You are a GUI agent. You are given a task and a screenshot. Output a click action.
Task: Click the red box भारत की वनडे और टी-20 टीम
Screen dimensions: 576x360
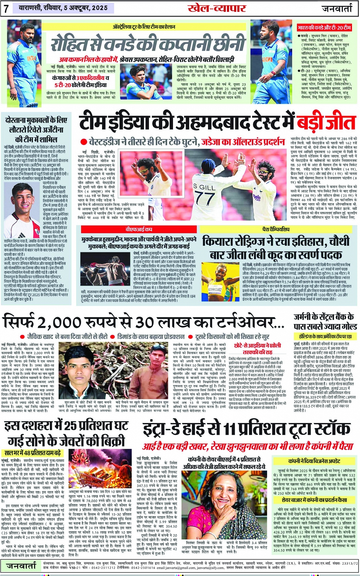point(324,28)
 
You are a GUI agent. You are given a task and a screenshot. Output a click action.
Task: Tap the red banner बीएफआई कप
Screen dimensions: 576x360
point(139,229)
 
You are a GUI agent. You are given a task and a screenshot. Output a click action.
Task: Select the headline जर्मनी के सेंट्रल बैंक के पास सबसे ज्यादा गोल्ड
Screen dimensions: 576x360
point(323,321)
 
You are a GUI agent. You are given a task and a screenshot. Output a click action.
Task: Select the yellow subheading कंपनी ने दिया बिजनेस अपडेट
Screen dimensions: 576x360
point(314,461)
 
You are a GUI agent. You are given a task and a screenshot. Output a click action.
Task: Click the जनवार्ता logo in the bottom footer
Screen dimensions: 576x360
point(21,566)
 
